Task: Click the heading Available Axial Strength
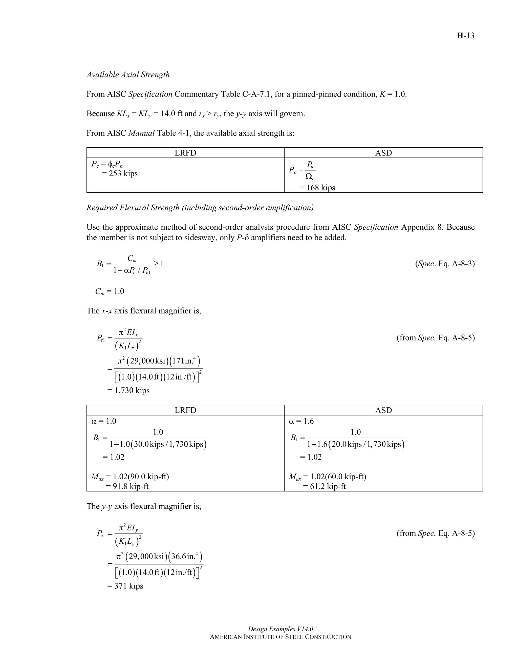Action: (128, 75)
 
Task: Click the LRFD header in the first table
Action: (185, 153)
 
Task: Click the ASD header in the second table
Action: (383, 410)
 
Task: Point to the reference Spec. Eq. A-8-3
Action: (445, 264)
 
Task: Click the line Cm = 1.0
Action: (110, 291)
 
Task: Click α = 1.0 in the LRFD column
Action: (104, 421)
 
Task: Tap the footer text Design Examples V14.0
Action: (280, 629)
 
